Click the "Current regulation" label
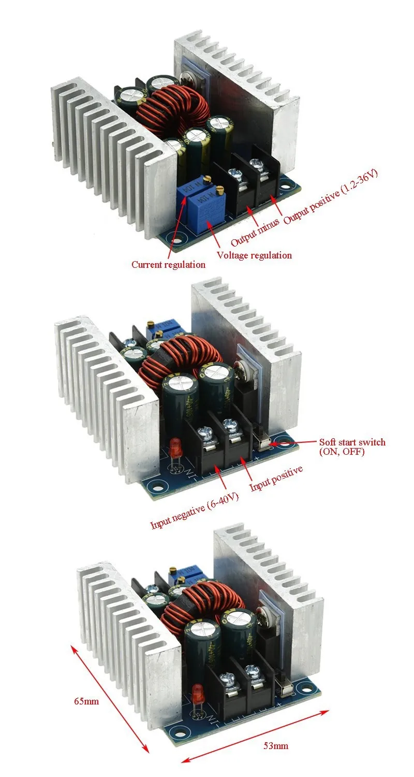168,265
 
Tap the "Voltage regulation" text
254,255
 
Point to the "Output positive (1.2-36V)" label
331,196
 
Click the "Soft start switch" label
352,442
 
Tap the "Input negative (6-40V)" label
195,511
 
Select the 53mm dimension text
276,746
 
